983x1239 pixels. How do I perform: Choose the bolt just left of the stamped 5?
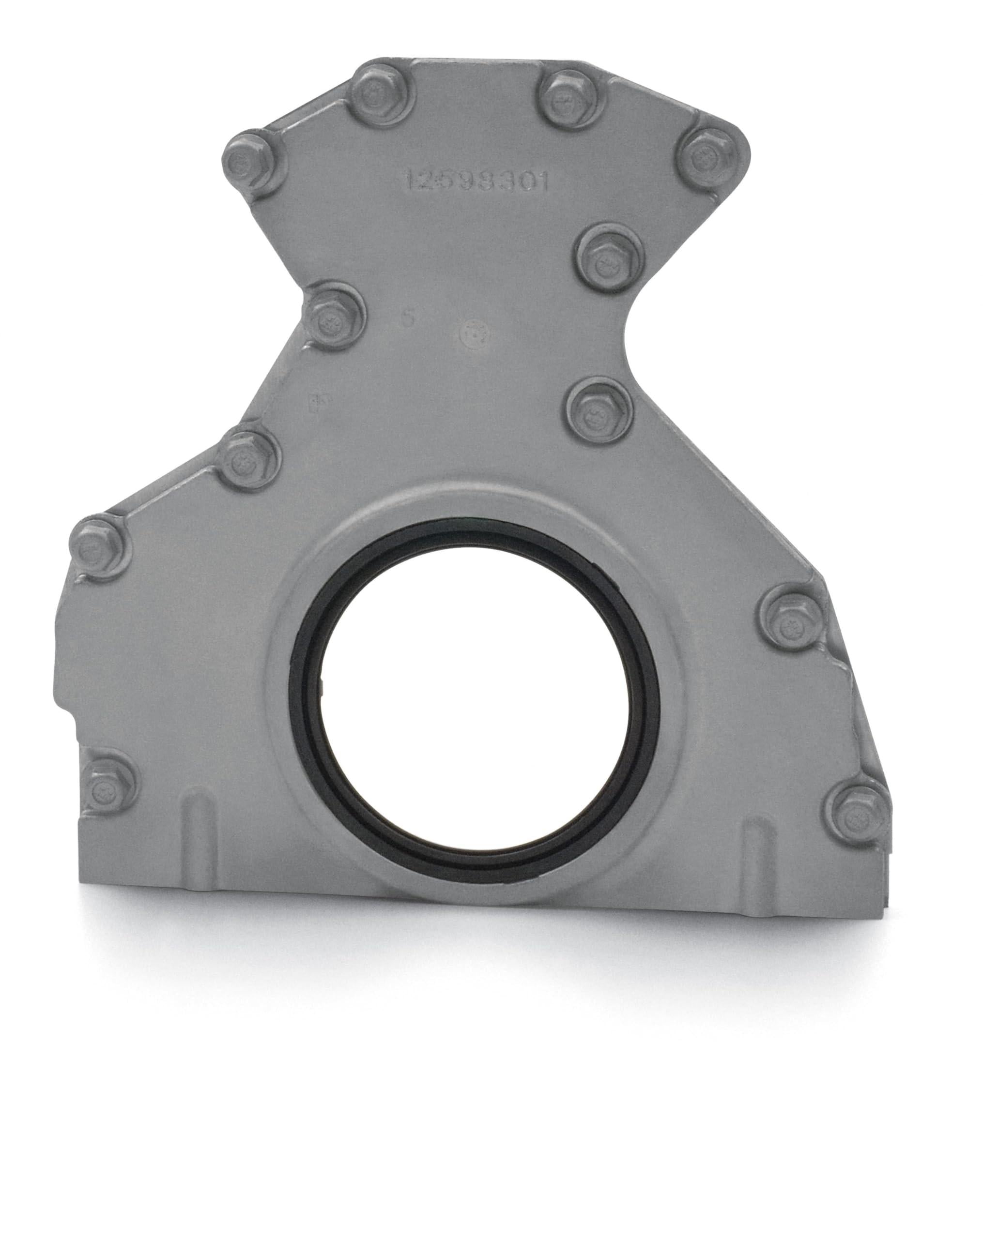pyautogui.click(x=332, y=314)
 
